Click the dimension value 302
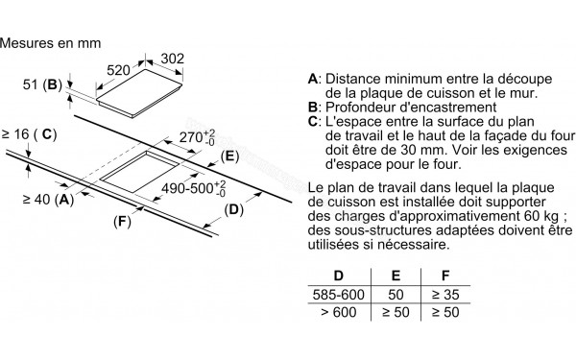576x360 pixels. coord(172,59)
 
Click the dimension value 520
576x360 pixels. coord(118,70)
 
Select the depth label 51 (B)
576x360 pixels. coord(42,84)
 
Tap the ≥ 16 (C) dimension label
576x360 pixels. coord(30,134)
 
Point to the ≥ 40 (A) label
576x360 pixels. coord(48,200)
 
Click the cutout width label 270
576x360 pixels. coord(197,137)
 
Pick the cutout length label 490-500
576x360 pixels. coord(194,188)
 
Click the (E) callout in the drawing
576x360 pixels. coord(230,156)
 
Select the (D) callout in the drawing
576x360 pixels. coord(234,209)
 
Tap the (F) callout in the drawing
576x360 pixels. coord(122,222)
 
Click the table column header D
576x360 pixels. coord(338,276)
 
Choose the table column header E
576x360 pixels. coord(396,276)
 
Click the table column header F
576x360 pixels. coord(445,276)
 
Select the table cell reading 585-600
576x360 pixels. coord(339,295)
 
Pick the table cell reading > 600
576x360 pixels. coord(339,312)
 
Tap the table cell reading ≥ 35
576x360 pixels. coord(445,295)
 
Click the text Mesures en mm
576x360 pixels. coord(51,43)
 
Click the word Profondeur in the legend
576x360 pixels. coord(363,108)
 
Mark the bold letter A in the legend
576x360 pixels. coord(313,79)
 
